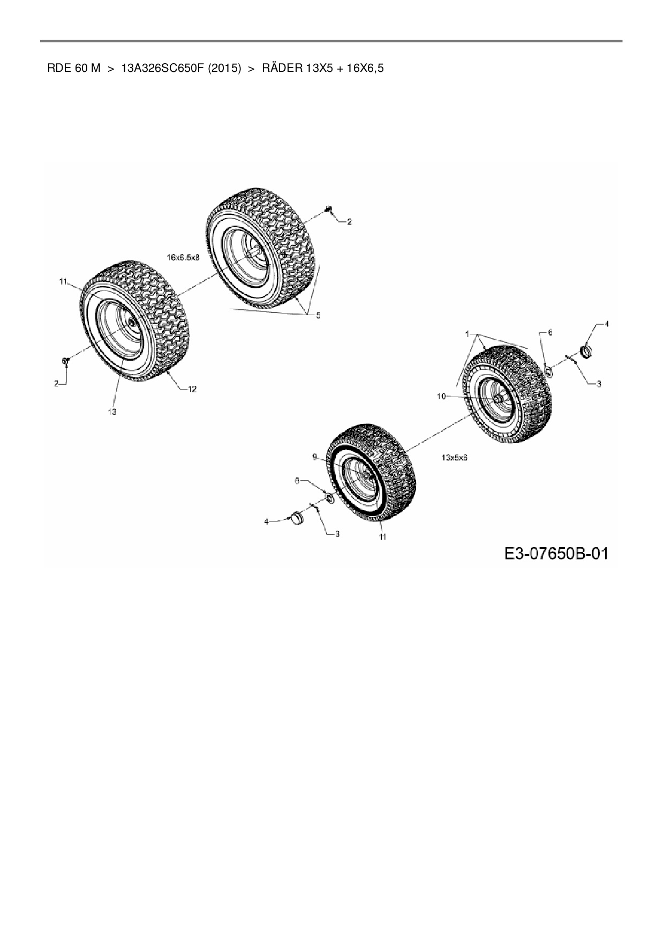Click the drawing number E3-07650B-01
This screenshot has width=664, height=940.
coord(556,553)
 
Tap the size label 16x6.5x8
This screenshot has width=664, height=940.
coord(183,257)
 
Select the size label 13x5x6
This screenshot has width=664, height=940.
coord(455,458)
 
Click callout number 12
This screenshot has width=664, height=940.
coord(192,389)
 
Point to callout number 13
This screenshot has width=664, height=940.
coord(112,412)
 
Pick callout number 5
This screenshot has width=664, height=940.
coord(318,315)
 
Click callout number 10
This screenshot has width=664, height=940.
coord(441,396)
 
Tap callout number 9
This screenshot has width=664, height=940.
coord(315,457)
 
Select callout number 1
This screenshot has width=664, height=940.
coord(467,334)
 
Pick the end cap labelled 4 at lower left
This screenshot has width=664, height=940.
coord(296,518)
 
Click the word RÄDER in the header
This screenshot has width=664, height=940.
coord(282,69)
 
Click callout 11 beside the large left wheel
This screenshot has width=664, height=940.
coord(63,281)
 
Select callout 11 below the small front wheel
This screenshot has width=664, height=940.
coord(382,536)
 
